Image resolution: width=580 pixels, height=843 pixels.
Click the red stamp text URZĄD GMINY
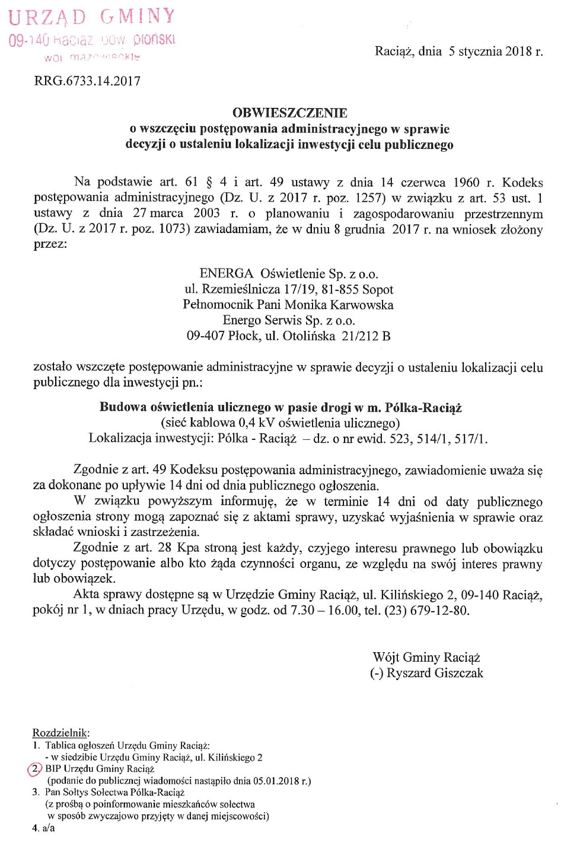click(x=92, y=17)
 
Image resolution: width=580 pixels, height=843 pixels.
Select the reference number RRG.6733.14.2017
click(x=87, y=81)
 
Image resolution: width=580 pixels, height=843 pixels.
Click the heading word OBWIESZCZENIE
click(x=289, y=113)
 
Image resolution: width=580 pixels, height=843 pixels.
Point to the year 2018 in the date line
click(x=518, y=52)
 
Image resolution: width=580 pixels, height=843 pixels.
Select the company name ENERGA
click(x=226, y=274)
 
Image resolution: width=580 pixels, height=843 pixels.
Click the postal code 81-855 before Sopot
click(x=340, y=289)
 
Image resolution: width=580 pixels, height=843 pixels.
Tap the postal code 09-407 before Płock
click(x=205, y=336)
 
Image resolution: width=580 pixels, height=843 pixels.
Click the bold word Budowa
click(x=123, y=407)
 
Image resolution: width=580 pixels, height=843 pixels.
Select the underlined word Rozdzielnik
click(x=60, y=733)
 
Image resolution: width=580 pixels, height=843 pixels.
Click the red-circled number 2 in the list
click(x=36, y=769)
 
